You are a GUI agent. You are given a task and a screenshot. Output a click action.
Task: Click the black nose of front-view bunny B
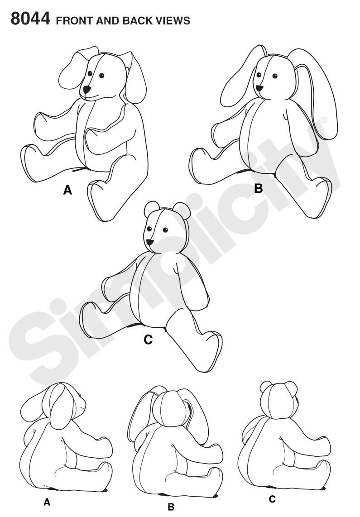pyautogui.click(x=259, y=88)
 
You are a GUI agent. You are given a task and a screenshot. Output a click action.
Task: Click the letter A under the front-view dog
pyautogui.click(x=67, y=191)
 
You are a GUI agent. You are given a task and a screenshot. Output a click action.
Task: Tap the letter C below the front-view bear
pyautogui.click(x=148, y=340)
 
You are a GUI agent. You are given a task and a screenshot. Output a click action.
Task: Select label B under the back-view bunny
pyautogui.click(x=171, y=507)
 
